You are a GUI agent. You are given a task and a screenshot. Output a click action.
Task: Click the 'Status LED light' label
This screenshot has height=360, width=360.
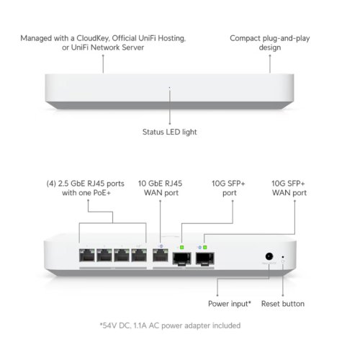pos(169,132)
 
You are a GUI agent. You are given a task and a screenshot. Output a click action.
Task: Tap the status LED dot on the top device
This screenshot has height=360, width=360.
pos(170,88)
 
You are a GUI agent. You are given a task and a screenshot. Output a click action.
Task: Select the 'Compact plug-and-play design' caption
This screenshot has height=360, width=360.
pos(270,42)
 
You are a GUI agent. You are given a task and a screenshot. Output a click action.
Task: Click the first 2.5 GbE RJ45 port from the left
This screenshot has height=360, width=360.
pos(86,255)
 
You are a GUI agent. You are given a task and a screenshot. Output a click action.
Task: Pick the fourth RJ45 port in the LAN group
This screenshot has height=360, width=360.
pos(139,255)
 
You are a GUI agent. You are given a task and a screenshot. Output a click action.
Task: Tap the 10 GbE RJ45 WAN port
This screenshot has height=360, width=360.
pos(161,255)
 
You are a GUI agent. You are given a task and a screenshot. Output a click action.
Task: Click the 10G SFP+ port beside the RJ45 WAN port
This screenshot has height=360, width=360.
pos(182,258)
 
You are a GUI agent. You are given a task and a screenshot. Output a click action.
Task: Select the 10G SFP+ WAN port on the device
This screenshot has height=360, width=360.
pos(205,258)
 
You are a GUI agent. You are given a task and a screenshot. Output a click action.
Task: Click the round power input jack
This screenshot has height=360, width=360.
pos(269,256)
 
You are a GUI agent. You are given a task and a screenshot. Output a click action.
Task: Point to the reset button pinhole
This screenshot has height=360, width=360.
pos(283,257)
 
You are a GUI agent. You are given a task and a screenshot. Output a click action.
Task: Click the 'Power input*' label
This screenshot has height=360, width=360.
pos(230,304)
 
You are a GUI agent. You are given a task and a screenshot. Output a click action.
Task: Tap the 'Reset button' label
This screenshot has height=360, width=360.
pos(283,304)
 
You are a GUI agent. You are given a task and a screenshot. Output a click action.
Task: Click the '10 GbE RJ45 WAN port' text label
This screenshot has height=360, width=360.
pos(160,188)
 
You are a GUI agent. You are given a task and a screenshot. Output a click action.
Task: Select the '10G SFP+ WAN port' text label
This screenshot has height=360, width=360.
pos(289,188)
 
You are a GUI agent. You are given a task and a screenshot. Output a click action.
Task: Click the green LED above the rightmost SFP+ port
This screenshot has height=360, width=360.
pos(204,247)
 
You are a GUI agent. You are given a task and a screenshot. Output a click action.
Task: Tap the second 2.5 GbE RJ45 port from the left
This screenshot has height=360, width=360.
pos(104,255)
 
